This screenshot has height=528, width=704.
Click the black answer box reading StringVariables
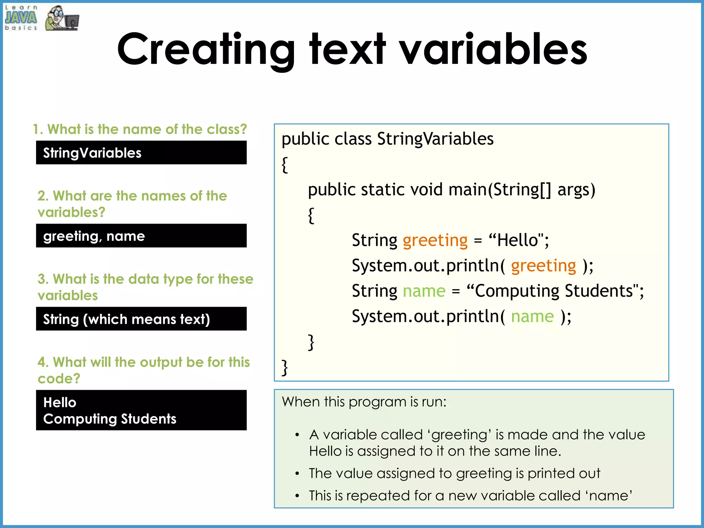pos(141,153)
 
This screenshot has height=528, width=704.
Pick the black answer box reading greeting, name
pos(141,236)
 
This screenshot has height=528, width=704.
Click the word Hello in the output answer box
pos(60,403)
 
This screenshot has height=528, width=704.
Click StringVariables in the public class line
pos(435,139)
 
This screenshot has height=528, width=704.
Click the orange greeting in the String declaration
pos(435,240)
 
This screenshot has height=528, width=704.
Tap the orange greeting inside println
pos(543,265)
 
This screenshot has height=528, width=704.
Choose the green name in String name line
pos(424,291)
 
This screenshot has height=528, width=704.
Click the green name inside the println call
pos(532,316)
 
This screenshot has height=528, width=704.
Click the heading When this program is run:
pos(364,402)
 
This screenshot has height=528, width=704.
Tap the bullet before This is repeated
pos(297,496)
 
